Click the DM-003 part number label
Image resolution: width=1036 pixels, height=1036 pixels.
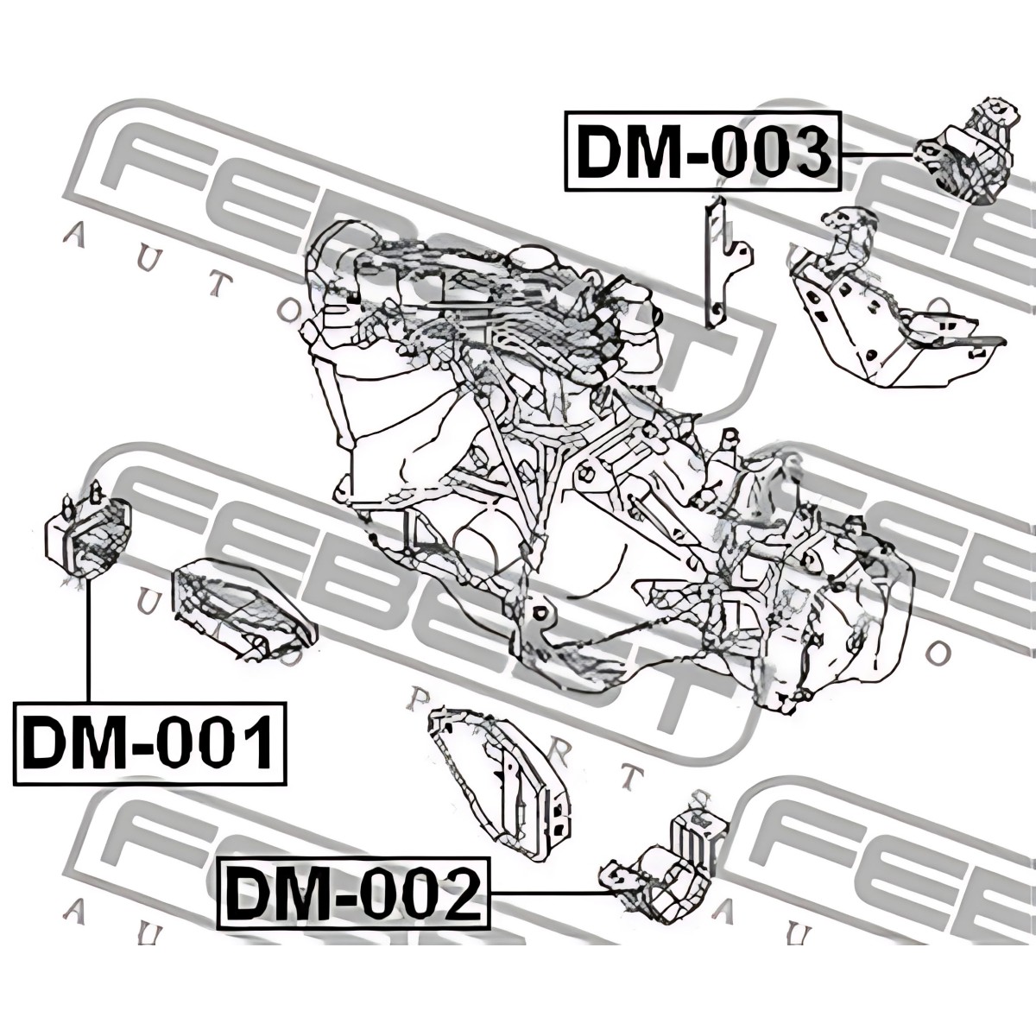click(x=701, y=152)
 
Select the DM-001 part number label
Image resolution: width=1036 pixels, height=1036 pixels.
click(x=148, y=742)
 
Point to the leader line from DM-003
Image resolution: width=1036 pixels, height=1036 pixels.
click(x=876, y=155)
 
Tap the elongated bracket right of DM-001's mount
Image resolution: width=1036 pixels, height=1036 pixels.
click(x=243, y=610)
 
